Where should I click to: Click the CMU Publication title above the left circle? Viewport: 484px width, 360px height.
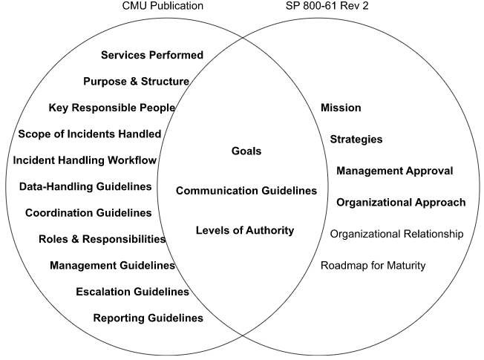[x=163, y=6]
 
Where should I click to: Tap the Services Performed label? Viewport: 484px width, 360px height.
[x=151, y=55]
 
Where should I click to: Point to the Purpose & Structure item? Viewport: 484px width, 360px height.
[x=136, y=81]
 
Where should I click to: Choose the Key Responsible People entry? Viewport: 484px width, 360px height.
[x=112, y=108]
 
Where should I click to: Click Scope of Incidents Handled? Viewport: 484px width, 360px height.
[x=90, y=134]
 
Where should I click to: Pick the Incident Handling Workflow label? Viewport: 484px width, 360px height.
[x=85, y=160]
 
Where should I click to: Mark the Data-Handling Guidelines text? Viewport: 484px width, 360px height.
[x=85, y=186]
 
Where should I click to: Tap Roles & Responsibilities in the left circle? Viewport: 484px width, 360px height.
[x=102, y=239]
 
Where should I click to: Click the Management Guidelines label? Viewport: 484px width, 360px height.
[x=112, y=265]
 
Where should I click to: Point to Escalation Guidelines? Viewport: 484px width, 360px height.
[x=132, y=292]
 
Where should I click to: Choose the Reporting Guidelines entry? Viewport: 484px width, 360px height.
[x=148, y=318]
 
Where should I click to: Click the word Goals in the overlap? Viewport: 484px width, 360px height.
[x=246, y=151]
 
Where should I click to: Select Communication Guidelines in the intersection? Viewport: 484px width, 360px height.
[x=246, y=191]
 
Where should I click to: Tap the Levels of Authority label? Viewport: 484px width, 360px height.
[x=245, y=230]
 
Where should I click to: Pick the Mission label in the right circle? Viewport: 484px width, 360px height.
[x=341, y=108]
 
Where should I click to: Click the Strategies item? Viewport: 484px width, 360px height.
[x=356, y=139]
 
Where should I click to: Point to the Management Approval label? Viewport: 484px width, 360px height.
[x=394, y=171]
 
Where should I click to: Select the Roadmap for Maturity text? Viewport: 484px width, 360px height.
[x=373, y=265]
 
